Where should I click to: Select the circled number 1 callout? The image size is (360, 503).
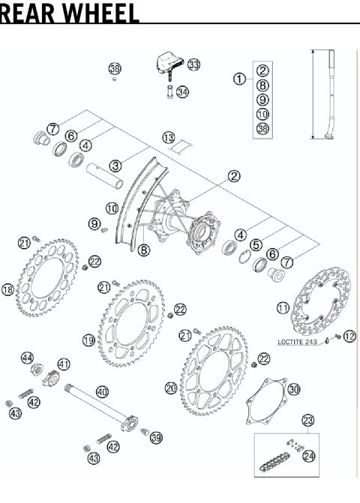click(239, 78)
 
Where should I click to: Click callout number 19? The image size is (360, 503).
click(88, 340)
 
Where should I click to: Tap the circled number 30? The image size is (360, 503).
click(294, 389)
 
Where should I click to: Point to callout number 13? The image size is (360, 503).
click(169, 137)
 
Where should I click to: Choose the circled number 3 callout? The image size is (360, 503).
click(115, 165)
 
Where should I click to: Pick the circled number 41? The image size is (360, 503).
click(64, 364)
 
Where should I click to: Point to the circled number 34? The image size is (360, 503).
click(183, 92)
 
